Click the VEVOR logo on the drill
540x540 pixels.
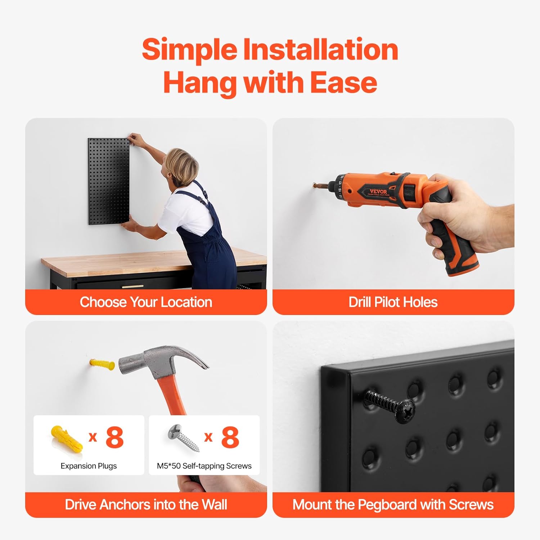[x=378, y=192]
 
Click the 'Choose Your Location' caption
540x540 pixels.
[x=146, y=302]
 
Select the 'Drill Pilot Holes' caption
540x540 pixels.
[x=393, y=302]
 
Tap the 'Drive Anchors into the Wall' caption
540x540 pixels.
[x=146, y=505]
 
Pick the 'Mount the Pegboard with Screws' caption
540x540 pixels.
[x=393, y=505]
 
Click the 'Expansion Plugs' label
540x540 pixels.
[x=89, y=466]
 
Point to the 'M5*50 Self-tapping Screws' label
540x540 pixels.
[x=204, y=466]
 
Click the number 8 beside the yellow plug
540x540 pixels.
[x=114, y=437]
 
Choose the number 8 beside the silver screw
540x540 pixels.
[x=230, y=437]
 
